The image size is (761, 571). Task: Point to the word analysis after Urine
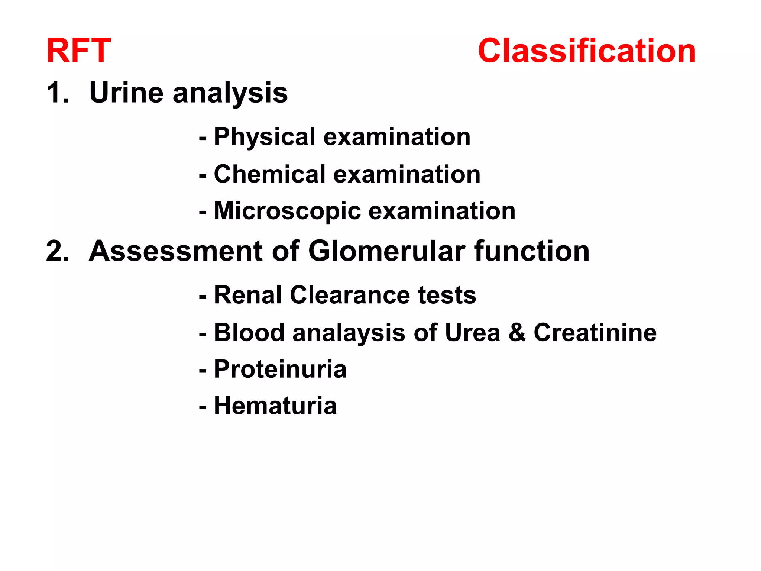230,94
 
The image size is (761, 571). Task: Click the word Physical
265,137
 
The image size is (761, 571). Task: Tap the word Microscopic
287,211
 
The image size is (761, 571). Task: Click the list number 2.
57,251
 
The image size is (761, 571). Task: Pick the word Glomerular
386,251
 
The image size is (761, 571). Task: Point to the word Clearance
349,295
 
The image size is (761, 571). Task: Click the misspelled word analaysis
349,333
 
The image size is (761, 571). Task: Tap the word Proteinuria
280,370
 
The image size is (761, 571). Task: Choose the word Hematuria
275,406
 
